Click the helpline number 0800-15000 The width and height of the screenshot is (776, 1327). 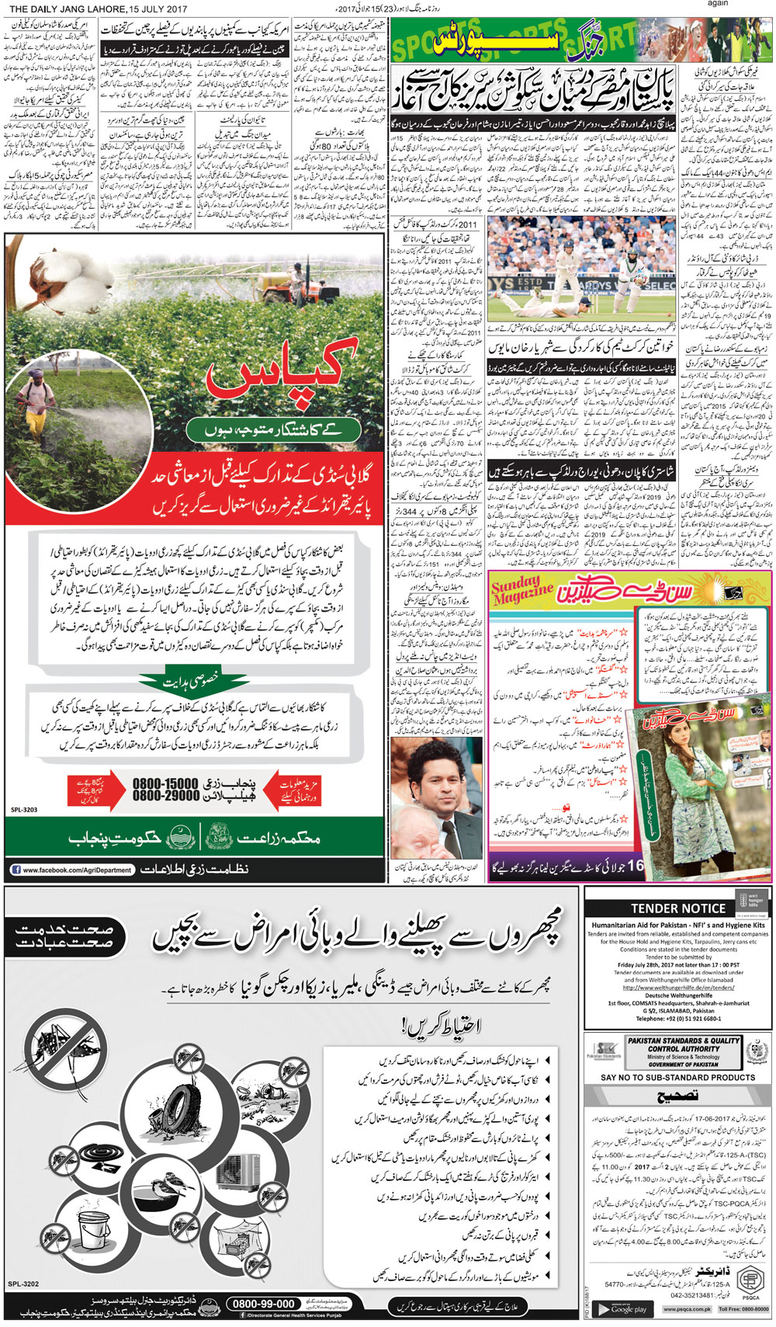pyautogui.click(x=165, y=783)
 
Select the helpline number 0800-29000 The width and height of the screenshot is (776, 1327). pyautogui.click(x=165, y=796)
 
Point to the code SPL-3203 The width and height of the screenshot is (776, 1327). pyautogui.click(x=24, y=810)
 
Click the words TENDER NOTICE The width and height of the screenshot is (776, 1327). pyautogui.click(x=677, y=908)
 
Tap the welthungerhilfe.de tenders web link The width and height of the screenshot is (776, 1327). pyautogui.click(x=678, y=988)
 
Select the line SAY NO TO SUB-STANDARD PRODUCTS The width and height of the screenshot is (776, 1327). pyautogui.click(x=677, y=1078)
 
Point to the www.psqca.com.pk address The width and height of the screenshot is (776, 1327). pyautogui.click(x=687, y=1309)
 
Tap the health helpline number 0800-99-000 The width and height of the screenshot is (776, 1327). pyautogui.click(x=264, y=1304)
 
